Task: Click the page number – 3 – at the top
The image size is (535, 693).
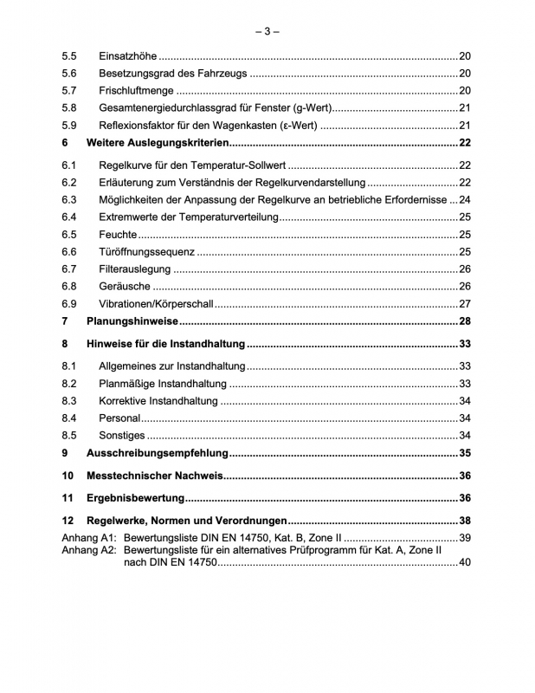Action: pyautogui.click(x=267, y=32)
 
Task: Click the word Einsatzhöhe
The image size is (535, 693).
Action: pyautogui.click(x=127, y=55)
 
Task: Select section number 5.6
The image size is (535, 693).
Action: pyautogui.click(x=69, y=74)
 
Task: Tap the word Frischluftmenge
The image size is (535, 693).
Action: pyautogui.click(x=137, y=91)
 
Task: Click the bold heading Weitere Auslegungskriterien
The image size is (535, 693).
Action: pyautogui.click(x=159, y=143)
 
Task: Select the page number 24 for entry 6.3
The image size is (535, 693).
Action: pyautogui.click(x=464, y=199)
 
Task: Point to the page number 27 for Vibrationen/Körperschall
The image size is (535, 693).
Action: pyautogui.click(x=464, y=303)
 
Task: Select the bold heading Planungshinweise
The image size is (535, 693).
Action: pyautogui.click(x=132, y=321)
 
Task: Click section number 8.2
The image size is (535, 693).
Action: pyautogui.click(x=69, y=384)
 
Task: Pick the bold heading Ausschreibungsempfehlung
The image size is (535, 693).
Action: pyautogui.click(x=158, y=453)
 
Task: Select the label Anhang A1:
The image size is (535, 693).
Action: pyautogui.click(x=89, y=538)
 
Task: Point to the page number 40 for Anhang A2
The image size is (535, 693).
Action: pyautogui.click(x=464, y=563)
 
